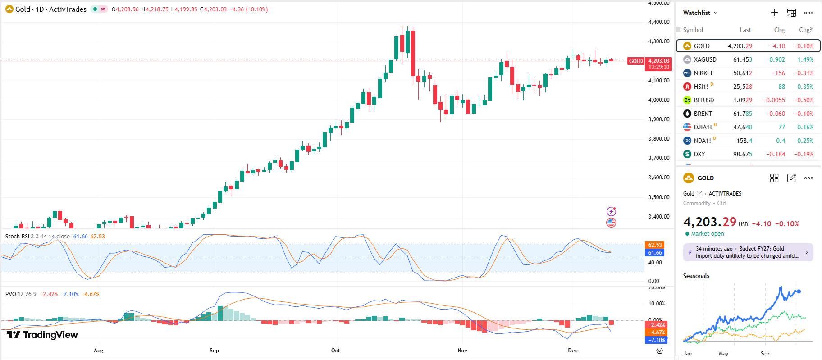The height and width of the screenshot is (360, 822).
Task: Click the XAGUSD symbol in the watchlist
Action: click(x=705, y=59)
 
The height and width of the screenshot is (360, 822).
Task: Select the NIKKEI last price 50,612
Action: click(x=742, y=73)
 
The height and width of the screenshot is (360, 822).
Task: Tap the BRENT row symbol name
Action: click(x=703, y=114)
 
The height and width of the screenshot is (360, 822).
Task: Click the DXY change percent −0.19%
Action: click(x=804, y=154)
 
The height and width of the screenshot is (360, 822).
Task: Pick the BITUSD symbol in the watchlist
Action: click(x=703, y=100)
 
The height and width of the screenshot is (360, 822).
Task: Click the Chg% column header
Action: click(x=806, y=30)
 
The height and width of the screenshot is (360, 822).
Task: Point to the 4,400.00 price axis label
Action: click(x=658, y=22)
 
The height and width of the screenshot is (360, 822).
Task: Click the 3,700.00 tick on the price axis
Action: click(x=658, y=158)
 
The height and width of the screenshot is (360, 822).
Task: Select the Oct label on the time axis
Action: click(x=335, y=350)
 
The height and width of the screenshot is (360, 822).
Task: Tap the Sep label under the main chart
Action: click(x=214, y=350)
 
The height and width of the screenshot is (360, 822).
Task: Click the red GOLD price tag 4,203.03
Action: click(x=658, y=61)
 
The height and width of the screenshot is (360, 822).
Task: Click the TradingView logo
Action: click(x=42, y=334)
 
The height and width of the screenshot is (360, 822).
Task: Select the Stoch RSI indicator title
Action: click(x=17, y=236)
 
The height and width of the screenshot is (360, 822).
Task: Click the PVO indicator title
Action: click(x=11, y=294)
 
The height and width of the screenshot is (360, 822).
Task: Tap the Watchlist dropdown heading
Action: click(x=700, y=13)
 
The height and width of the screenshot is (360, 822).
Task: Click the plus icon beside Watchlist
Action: click(x=774, y=13)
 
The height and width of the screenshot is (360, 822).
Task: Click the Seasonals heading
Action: click(x=696, y=276)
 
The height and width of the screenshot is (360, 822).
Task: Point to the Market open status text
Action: click(x=707, y=233)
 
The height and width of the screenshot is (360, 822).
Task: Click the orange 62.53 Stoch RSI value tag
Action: click(x=655, y=245)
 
